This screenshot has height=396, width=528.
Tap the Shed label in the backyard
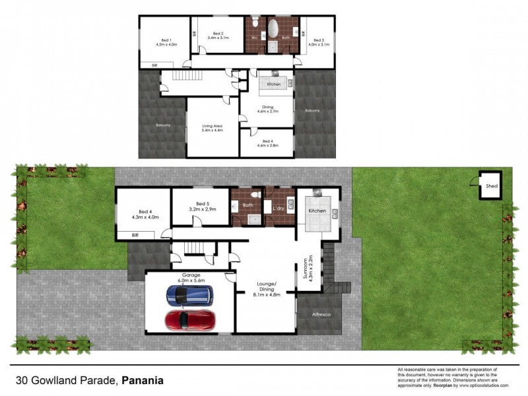point(491,186)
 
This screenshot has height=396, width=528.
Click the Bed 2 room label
point(217,36)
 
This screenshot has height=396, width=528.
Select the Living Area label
point(212,127)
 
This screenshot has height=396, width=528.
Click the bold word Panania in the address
point(143,381)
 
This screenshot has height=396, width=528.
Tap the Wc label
point(254,38)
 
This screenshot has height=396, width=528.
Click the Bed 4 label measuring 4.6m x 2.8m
point(267,143)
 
